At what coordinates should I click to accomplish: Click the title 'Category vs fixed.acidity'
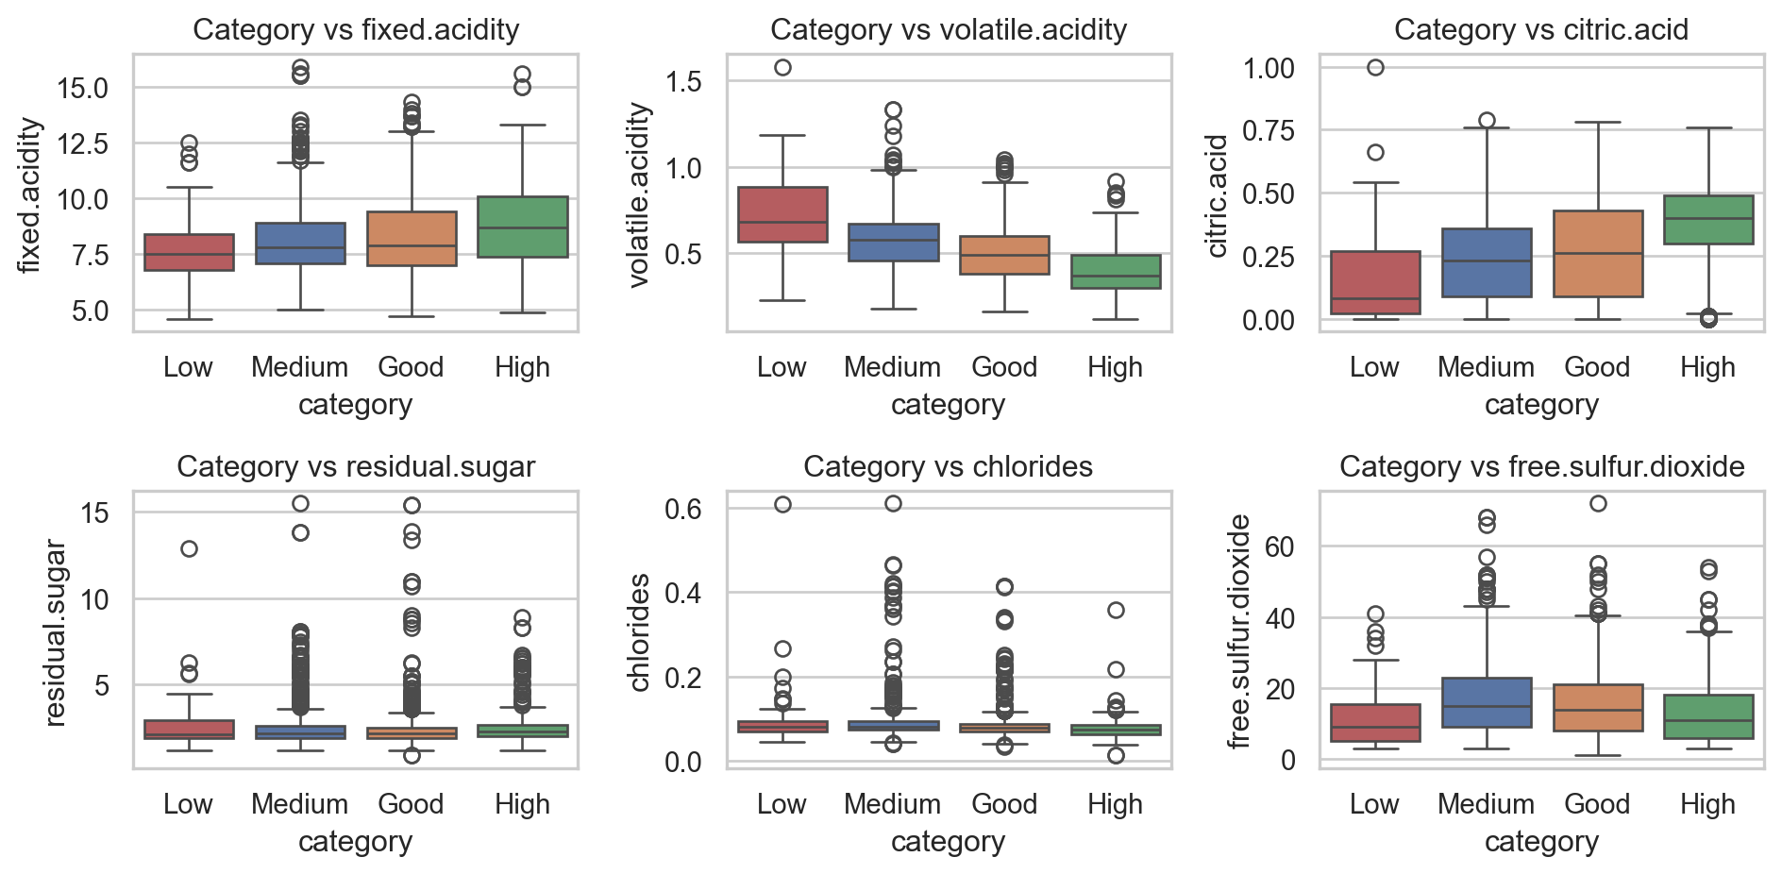point(356,30)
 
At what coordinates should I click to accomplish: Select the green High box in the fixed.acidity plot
point(522,227)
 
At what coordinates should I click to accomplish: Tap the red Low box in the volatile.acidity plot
point(782,214)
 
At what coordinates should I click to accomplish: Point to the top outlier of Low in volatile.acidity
point(782,68)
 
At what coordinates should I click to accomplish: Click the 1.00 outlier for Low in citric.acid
point(1375,68)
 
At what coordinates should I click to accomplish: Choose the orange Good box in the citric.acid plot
point(1598,253)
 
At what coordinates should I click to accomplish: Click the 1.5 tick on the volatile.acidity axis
point(683,82)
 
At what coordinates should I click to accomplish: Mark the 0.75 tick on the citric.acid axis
point(1268,130)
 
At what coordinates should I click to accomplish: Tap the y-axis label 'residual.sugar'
point(56,632)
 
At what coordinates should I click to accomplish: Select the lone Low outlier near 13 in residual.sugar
point(190,548)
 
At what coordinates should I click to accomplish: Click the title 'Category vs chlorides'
point(948,467)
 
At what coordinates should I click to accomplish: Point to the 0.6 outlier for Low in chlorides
point(782,505)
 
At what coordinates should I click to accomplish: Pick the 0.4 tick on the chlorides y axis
point(683,594)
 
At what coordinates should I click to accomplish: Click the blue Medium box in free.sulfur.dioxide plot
point(1487,702)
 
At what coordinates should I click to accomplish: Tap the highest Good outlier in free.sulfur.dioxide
point(1598,504)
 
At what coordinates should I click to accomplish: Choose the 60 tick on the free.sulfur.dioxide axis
point(1281,547)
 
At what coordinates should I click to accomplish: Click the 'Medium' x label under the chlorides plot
point(892,804)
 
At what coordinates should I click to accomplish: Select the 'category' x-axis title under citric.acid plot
point(1541,405)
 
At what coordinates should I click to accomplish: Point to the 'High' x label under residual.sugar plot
point(522,804)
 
